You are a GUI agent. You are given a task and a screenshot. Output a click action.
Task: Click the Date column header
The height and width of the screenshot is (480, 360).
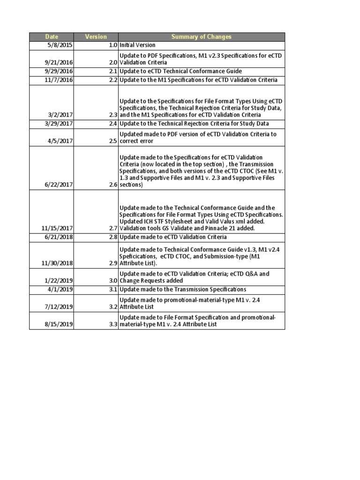click(51, 37)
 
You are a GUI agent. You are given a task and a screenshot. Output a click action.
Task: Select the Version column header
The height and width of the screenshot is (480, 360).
click(96, 37)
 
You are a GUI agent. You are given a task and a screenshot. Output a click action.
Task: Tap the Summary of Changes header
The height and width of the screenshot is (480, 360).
click(201, 37)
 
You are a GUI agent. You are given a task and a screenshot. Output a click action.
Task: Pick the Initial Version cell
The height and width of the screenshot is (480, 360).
click(137, 45)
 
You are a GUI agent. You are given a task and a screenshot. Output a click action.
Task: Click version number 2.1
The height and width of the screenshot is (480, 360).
click(112, 71)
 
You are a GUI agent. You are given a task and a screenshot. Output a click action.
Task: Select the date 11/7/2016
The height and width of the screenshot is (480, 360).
click(60, 80)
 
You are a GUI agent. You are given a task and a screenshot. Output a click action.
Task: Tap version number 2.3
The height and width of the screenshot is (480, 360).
click(112, 115)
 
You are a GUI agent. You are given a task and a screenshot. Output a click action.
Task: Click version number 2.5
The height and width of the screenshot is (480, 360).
click(112, 141)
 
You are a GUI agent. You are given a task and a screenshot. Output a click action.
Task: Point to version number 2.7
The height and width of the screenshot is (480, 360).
click(112, 228)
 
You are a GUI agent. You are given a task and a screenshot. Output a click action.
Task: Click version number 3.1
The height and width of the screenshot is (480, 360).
click(112, 290)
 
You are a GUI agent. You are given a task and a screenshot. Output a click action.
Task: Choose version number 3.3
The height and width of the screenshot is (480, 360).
click(112, 324)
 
